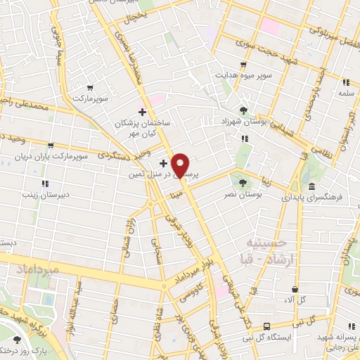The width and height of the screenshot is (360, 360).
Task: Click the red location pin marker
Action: (x=181, y=165)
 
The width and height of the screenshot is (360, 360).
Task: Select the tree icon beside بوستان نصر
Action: (x=243, y=183)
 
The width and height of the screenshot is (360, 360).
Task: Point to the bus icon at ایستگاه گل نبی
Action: (x=266, y=326)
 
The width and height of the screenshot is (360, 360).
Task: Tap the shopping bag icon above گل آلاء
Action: (x=294, y=289)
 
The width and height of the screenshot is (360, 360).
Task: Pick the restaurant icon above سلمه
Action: (x=345, y=82)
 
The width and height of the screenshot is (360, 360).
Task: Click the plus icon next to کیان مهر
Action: (x=143, y=111)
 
